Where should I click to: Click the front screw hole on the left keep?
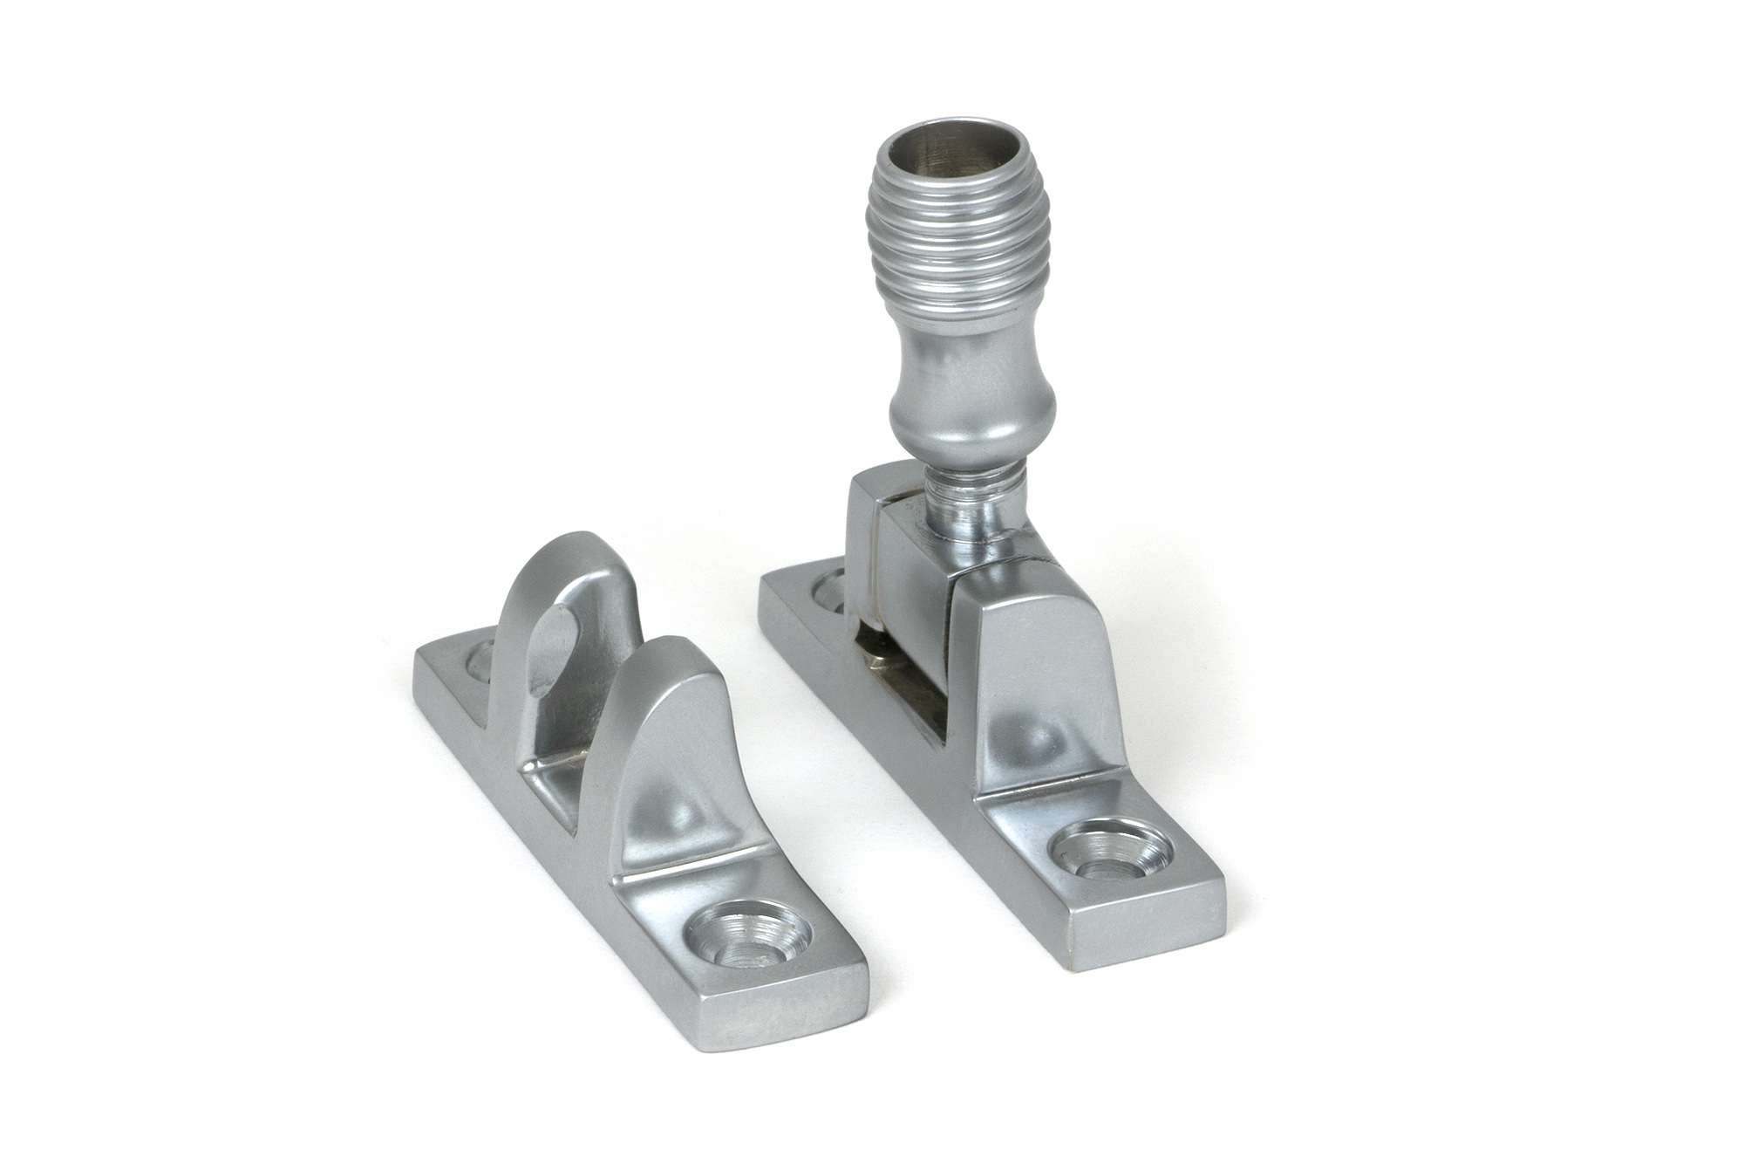(746, 935)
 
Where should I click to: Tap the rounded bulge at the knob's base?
(972, 428)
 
